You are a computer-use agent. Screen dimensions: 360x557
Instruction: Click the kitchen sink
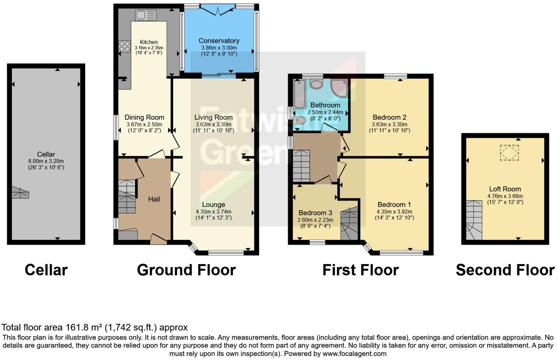pyautogui.click(x=146, y=15)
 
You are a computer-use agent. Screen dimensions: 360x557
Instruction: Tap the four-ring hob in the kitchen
pyautogui.click(x=124, y=46)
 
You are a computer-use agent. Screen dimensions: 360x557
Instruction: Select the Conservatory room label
pyautogui.click(x=219, y=41)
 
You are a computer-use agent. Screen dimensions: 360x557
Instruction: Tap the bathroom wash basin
pyautogui.click(x=316, y=84)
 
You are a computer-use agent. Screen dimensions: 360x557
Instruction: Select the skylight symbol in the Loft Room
pyautogui.click(x=509, y=153)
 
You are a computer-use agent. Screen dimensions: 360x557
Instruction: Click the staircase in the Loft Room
pyautogui.click(x=474, y=220)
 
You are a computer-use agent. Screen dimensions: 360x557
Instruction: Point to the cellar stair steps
pyautogui.click(x=20, y=192)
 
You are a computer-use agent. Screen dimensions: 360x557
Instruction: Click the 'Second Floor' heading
pyautogui.click(x=505, y=270)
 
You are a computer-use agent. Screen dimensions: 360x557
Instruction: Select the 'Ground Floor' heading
pyautogui.click(x=186, y=270)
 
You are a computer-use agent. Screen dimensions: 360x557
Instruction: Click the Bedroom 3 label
pyautogui.click(x=315, y=213)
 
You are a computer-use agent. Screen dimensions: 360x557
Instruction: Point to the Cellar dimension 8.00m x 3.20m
pyautogui.click(x=46, y=161)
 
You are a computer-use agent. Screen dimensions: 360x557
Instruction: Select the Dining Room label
pyautogui.click(x=144, y=117)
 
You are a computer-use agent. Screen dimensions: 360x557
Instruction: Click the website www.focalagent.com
pyautogui.click(x=354, y=353)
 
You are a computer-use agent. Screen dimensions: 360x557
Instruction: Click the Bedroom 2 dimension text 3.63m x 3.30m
pyautogui.click(x=389, y=124)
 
